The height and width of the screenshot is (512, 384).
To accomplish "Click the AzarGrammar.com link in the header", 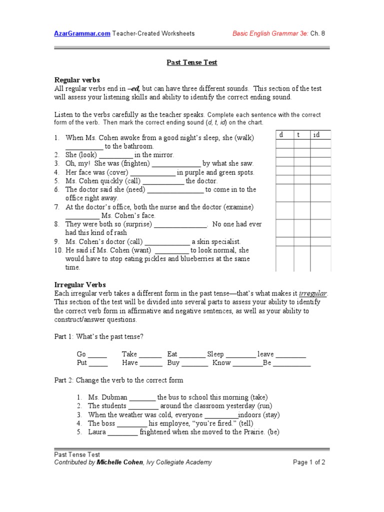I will tap(82, 34).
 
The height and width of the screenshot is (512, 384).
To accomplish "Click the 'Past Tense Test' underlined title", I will tap(191, 62).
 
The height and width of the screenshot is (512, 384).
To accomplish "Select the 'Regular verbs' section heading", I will tap(77, 80).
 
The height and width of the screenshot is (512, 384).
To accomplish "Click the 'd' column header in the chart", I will tap(281, 135).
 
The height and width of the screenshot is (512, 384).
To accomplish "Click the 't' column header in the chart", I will tap(298, 135).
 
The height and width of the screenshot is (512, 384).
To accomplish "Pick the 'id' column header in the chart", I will tap(316, 135).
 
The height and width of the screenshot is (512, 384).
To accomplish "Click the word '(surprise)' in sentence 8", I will tap(136, 224).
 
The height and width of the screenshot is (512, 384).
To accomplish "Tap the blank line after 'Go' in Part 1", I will tap(98, 354).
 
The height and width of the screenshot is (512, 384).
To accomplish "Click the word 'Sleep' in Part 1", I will tap(215, 354).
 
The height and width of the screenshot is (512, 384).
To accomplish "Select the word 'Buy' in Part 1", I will tap(173, 363).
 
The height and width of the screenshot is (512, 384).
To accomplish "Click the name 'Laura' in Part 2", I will tap(97, 431).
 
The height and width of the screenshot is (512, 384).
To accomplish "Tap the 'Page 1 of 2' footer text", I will tap(309, 462).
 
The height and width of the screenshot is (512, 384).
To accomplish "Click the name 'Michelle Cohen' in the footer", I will tap(119, 462).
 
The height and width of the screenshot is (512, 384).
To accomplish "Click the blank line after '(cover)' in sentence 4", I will tap(154, 172).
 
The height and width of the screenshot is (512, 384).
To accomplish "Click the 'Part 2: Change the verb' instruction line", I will tap(118, 380).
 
